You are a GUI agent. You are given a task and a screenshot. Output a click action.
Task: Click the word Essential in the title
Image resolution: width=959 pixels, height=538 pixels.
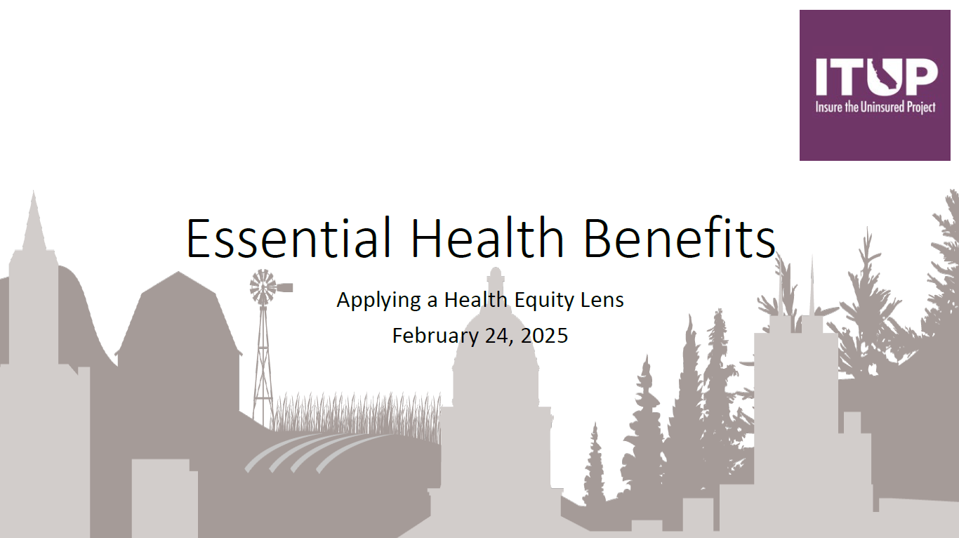coord(289,237)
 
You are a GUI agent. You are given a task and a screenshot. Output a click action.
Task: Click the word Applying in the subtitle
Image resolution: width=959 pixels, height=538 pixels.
coord(378,301)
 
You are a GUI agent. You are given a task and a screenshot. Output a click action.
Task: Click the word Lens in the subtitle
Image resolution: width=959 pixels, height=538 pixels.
coord(602,299)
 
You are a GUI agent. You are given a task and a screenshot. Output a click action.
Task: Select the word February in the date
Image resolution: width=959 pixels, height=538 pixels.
coord(435,336)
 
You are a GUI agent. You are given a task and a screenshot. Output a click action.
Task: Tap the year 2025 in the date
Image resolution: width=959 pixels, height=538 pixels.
coord(544,336)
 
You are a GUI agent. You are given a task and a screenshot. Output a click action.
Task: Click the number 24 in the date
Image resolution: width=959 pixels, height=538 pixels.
coord(499,336)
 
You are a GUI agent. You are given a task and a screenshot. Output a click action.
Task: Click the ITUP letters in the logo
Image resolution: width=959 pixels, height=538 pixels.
coord(876,77)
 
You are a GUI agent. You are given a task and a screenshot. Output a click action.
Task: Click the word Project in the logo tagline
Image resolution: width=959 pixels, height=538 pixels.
coord(921,107)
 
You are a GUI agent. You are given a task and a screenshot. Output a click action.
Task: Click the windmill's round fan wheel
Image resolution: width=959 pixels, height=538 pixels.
coord(263,287)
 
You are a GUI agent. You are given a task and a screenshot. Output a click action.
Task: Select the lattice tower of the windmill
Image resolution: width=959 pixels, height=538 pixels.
coord(263,364)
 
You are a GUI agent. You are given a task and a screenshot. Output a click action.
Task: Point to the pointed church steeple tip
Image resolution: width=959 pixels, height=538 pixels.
coord(34,192)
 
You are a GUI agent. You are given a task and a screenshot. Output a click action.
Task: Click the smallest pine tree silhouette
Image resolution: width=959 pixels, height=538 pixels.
coord(594,464)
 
